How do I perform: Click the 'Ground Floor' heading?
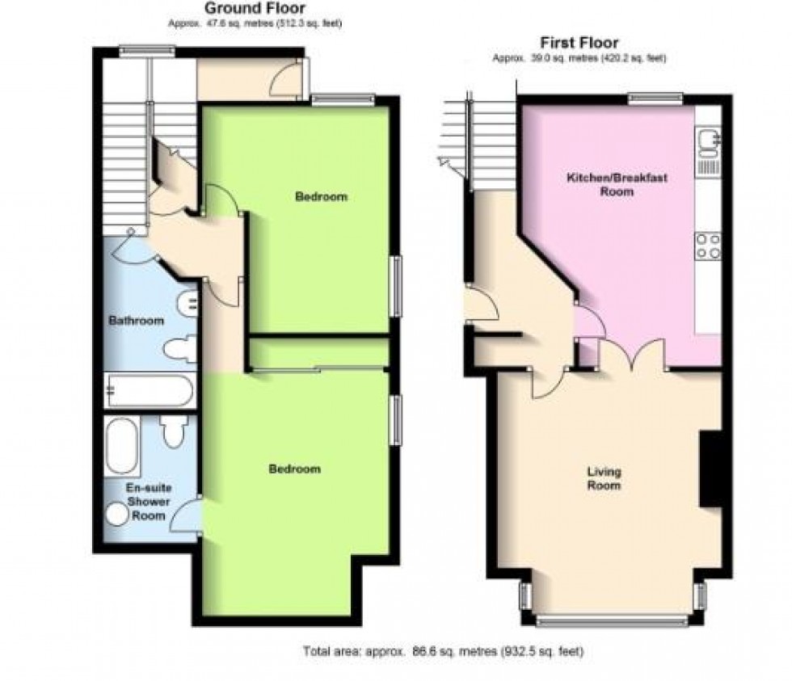(x=255, y=9)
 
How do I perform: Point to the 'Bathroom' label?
(x=136, y=321)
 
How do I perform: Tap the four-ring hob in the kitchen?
(x=709, y=245)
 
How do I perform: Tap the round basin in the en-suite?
(x=118, y=514)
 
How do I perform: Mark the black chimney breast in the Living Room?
(x=710, y=469)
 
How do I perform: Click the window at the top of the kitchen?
(x=657, y=99)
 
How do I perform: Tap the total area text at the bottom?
(x=442, y=650)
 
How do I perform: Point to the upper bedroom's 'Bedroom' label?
(x=321, y=196)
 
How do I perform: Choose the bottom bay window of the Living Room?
(x=612, y=620)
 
